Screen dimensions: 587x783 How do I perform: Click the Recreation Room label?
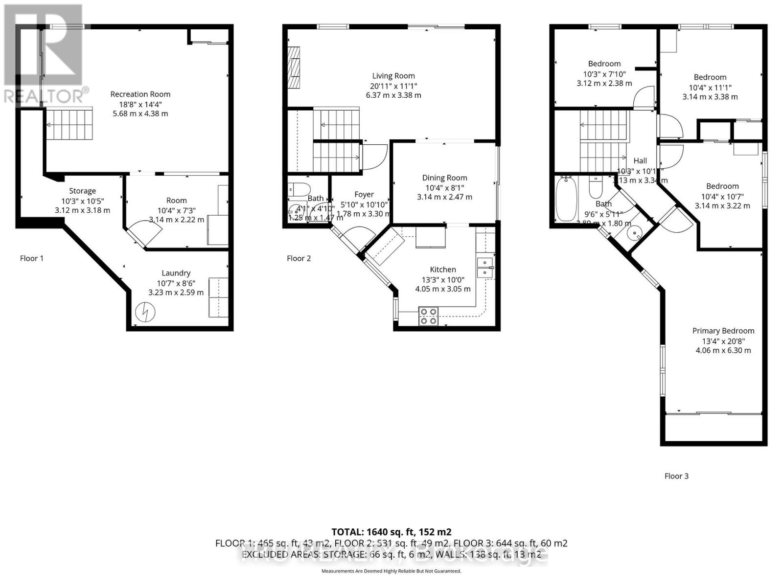click(140, 94)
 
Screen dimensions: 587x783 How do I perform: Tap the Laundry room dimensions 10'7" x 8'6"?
click(176, 283)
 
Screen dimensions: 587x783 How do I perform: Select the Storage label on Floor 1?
click(82, 191)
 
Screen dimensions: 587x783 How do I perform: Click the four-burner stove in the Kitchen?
click(429, 316)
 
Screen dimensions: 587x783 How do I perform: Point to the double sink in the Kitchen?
click(485, 267)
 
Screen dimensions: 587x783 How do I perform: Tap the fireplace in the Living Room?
click(294, 68)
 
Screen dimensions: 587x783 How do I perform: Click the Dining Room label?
click(444, 178)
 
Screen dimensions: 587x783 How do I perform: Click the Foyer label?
click(364, 194)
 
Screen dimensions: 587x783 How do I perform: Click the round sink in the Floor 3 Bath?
click(634, 233)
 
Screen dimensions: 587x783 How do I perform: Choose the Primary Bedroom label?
click(723, 331)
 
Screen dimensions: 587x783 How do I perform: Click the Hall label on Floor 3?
click(640, 160)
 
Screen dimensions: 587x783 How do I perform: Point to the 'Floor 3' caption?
click(676, 476)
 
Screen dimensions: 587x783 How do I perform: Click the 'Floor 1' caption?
click(32, 258)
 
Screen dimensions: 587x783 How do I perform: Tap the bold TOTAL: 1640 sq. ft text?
click(391, 532)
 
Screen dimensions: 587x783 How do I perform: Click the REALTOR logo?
click(44, 54)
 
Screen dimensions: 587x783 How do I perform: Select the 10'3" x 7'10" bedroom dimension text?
click(604, 74)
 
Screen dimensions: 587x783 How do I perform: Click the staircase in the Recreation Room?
click(69, 124)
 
